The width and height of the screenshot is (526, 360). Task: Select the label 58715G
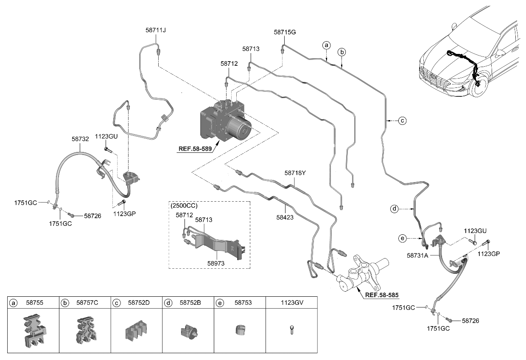[285, 32]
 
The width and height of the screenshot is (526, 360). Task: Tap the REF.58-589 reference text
[195, 149]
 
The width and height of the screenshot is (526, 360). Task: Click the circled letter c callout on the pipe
[403, 121]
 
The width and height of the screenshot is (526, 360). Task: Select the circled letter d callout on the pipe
[394, 209]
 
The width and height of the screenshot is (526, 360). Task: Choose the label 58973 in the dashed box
[216, 264]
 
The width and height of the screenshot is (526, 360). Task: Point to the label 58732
[80, 138]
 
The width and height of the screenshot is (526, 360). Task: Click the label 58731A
[417, 256]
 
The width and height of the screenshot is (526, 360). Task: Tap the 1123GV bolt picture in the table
[291, 330]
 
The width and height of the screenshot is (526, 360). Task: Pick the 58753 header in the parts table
[243, 303]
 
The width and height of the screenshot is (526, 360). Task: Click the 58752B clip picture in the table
[188, 331]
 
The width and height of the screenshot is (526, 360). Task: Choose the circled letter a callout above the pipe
[326, 45]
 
